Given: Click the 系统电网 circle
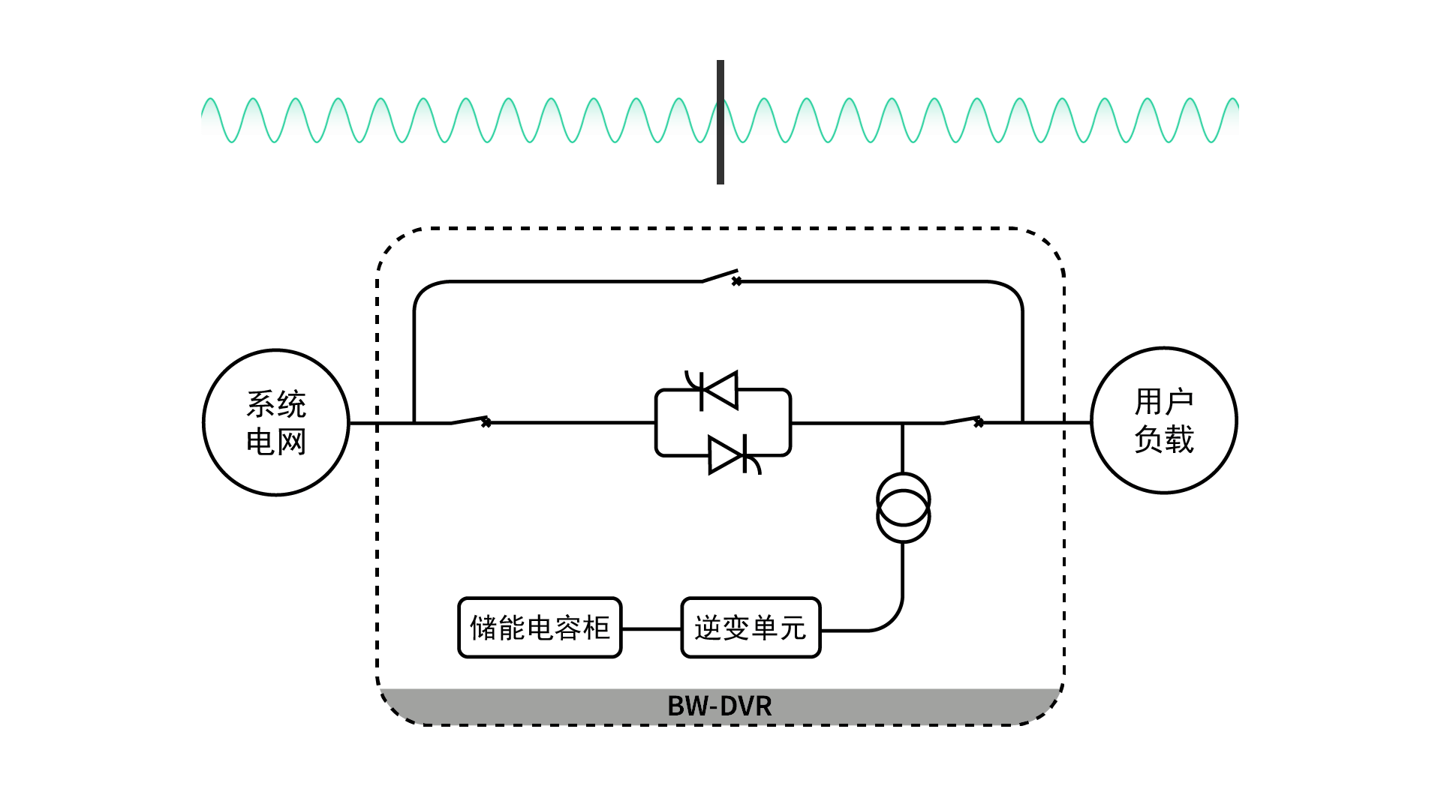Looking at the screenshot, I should click(x=276, y=422).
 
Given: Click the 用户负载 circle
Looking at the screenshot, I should click(x=1163, y=420).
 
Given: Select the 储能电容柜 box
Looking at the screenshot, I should click(x=540, y=628).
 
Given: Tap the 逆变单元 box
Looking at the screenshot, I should click(x=751, y=628).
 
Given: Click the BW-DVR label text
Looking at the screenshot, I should click(x=719, y=706).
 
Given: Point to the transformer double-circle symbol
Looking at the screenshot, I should click(x=904, y=508).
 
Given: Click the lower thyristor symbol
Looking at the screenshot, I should click(x=728, y=455).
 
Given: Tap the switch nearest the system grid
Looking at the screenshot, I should click(x=470, y=420).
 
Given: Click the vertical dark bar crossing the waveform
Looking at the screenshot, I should click(x=720, y=122).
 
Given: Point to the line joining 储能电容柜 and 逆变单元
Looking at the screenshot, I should click(x=651, y=628).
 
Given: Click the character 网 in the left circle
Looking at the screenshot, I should click(x=291, y=442).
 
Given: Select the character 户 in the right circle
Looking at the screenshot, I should click(x=1179, y=402).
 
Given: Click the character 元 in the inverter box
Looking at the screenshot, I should click(x=793, y=628).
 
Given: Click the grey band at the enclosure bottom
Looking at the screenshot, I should click(x=525, y=705).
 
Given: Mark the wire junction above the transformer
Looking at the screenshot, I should click(x=903, y=423).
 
